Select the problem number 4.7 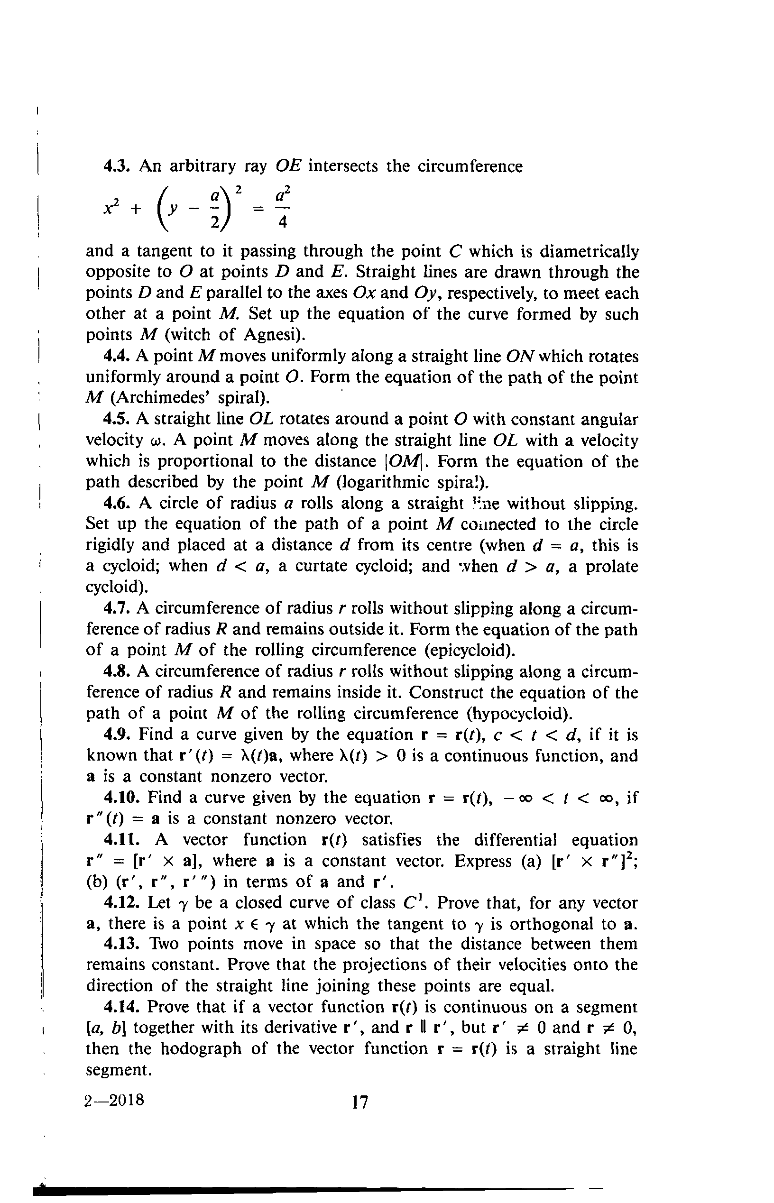119,608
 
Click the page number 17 360,1102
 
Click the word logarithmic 387,482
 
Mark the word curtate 319,566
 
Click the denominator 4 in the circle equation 283,221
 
